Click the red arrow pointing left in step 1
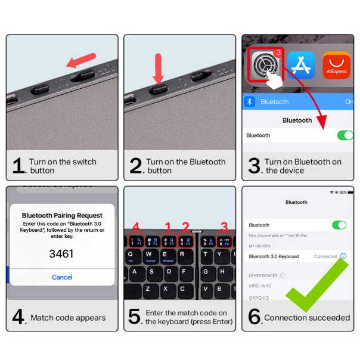pyautogui.click(x=81, y=60)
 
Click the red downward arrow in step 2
pyautogui.click(x=158, y=67)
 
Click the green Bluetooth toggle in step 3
pyautogui.click(x=345, y=135)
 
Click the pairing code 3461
pyautogui.click(x=61, y=253)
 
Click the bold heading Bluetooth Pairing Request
pyautogui.click(x=62, y=215)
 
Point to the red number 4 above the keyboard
pyautogui.click(x=136, y=226)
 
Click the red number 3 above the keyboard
pyautogui.click(x=224, y=226)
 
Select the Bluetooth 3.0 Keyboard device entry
pyautogui.click(x=274, y=256)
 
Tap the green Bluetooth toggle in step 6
pyautogui.click(x=339, y=225)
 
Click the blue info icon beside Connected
pyautogui.click(x=343, y=256)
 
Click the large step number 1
pyautogui.click(x=18, y=166)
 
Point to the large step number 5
pyautogui.click(x=135, y=316)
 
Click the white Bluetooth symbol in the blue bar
pyautogui.click(x=250, y=102)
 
